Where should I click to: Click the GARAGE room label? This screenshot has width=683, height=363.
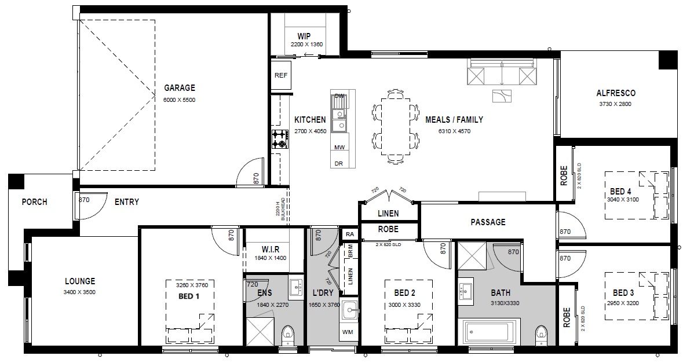(180, 88)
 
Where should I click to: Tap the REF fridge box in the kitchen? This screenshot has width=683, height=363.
(281, 75)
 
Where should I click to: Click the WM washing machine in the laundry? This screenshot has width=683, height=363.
(348, 332)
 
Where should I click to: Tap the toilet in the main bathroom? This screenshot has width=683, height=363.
(540, 335)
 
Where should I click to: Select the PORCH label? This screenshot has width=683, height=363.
(34, 202)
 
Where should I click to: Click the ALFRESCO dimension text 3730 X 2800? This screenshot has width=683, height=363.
(615, 104)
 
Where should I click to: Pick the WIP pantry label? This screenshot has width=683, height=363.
(304, 36)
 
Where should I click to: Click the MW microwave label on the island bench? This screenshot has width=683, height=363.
(339, 147)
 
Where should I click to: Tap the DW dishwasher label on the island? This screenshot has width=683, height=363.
(339, 96)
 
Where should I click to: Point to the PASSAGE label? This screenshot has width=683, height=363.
(488, 222)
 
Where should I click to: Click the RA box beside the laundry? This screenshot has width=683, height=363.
(350, 234)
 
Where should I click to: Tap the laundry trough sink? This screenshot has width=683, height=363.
(349, 310)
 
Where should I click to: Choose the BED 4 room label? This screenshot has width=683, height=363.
(620, 192)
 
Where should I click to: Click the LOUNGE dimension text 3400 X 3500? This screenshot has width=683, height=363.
(79, 292)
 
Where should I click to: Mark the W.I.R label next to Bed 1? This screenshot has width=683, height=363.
(271, 250)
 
